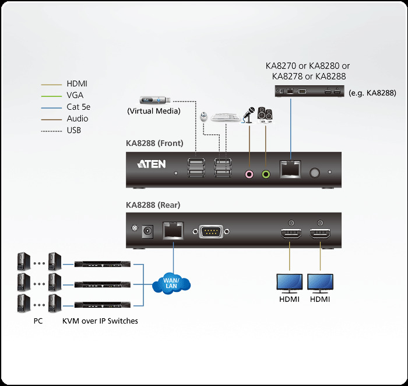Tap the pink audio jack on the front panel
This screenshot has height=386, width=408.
point(250,173)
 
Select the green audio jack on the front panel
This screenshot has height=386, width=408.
point(266,173)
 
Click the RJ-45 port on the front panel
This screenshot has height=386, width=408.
point(290,169)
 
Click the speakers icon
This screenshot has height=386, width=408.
point(265,115)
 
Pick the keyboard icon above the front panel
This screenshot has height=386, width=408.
point(226,117)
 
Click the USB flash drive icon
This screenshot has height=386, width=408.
point(153,100)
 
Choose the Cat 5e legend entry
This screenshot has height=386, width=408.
point(78,107)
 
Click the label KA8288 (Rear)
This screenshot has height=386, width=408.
point(153,205)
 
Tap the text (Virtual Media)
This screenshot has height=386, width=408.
point(153,111)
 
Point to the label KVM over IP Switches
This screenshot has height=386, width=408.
point(100,321)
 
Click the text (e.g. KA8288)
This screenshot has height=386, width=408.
point(372,93)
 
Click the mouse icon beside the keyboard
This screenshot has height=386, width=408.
point(204,116)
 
